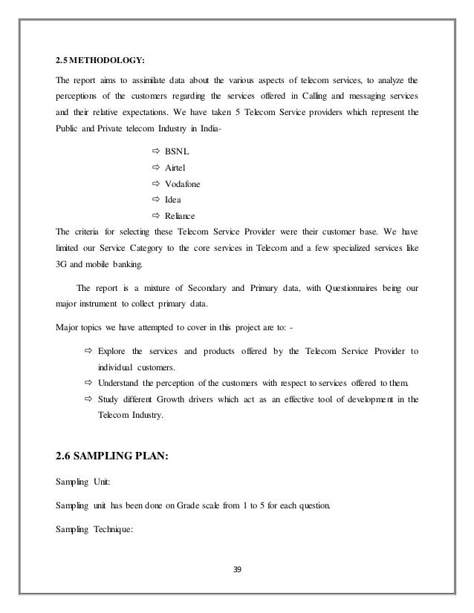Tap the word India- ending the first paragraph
225,129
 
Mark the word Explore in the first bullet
113,350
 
